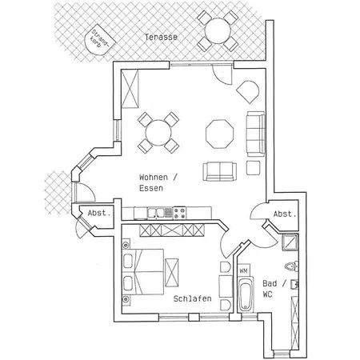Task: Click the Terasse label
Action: (161, 37)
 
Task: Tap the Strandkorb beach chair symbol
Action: (99, 40)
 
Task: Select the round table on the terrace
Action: (218, 31)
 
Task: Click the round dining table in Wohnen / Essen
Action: (158, 133)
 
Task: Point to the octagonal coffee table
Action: (219, 134)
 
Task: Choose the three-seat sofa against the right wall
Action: (255, 134)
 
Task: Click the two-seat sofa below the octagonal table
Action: (219, 171)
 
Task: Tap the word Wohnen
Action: (154, 178)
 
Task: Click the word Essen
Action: (151, 188)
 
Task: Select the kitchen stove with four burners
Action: (179, 213)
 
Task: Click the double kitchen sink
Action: (156, 213)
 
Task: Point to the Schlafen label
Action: (192, 298)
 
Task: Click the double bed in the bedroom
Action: (142, 272)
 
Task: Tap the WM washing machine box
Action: (243, 271)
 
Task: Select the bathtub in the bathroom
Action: (246, 294)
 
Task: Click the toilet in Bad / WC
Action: (291, 266)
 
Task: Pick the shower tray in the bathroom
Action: (290, 242)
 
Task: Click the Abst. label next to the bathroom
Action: (285, 214)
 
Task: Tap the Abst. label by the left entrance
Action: (99, 213)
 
